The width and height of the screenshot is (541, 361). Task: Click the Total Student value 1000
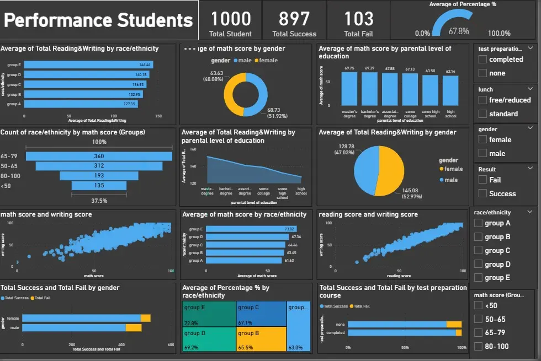point(231,19)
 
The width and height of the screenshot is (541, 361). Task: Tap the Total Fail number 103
point(359,19)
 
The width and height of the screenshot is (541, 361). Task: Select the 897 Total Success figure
point(294,19)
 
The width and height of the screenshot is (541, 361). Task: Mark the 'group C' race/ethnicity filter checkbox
point(478,251)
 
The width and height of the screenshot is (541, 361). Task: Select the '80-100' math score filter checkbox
point(478,347)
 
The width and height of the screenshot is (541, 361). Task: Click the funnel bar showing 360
point(99,156)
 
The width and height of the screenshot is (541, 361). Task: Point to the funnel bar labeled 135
point(99,186)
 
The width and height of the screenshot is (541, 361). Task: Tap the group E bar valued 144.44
point(88,64)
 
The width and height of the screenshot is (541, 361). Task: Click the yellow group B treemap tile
point(261,338)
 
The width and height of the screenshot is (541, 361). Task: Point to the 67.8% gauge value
point(459,31)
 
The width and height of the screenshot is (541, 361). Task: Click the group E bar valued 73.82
point(242,229)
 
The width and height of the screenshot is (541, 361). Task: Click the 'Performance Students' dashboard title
point(99,20)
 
